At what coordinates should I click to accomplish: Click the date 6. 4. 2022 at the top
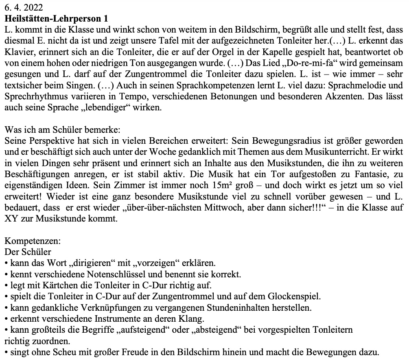(23, 7)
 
